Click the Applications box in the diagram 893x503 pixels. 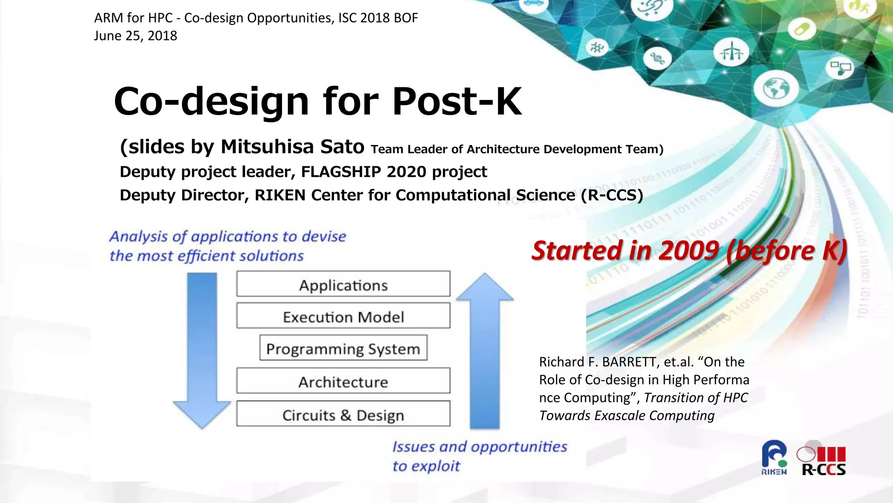pos(343,284)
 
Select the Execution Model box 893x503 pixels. pos(343,316)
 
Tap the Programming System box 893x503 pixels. pos(343,348)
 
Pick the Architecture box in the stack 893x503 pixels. pos(343,381)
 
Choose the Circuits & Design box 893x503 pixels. pos(343,414)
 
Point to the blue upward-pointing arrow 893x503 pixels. pos(484,349)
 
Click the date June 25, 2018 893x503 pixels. pos(136,36)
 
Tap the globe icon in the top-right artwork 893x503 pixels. pos(776,89)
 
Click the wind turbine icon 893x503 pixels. pos(731,52)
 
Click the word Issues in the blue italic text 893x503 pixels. pos(413,447)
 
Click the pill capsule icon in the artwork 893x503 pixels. pos(801,29)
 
